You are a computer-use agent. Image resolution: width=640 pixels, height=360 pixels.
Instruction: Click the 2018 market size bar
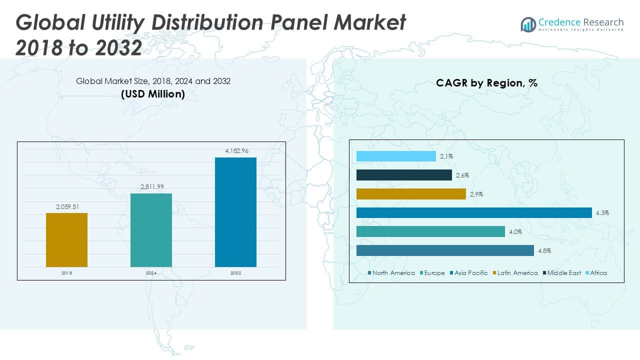pyautogui.click(x=66, y=239)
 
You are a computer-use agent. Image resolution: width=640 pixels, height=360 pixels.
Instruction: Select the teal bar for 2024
pyautogui.click(x=151, y=230)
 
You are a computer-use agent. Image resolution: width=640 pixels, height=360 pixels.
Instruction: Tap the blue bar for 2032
pyautogui.click(x=235, y=212)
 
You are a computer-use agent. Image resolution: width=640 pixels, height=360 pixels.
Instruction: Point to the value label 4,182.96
pyautogui.click(x=235, y=150)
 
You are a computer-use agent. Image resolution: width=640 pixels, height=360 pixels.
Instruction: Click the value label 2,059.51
pyautogui.click(x=66, y=206)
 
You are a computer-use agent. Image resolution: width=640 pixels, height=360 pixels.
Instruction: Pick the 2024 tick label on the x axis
pyautogui.click(x=151, y=273)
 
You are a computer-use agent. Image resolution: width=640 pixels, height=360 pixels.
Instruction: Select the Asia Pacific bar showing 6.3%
pyautogui.click(x=474, y=213)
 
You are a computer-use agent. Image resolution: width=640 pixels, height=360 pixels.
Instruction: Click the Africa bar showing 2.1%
pyautogui.click(x=396, y=156)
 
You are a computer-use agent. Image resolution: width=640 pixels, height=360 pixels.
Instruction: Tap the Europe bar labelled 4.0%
pyautogui.click(x=430, y=231)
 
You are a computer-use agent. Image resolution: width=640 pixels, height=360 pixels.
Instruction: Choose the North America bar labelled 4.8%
pyautogui.click(x=445, y=250)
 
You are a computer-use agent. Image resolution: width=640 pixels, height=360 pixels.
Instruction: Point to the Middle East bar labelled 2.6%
pyautogui.click(x=404, y=175)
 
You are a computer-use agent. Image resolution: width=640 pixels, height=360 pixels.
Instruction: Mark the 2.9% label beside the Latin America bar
pyautogui.click(x=476, y=194)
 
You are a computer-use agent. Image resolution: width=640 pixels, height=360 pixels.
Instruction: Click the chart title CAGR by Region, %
pyautogui.click(x=486, y=83)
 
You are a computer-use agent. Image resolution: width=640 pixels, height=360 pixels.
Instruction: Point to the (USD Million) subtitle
pyautogui.click(x=153, y=93)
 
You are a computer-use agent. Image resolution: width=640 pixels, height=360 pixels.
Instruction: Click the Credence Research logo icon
pyautogui.click(x=528, y=24)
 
